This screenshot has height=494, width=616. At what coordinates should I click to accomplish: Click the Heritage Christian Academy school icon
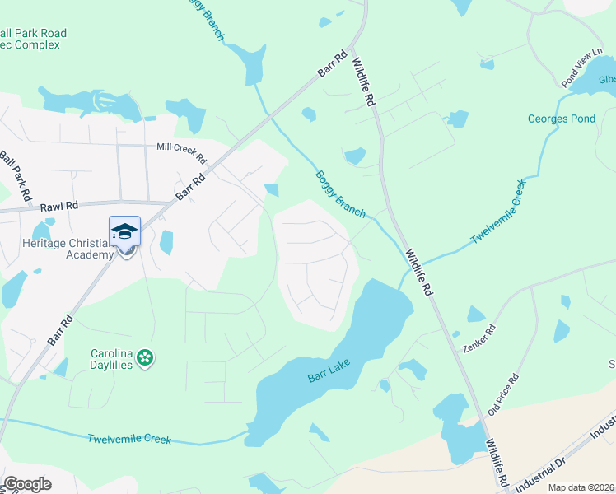point(124,231)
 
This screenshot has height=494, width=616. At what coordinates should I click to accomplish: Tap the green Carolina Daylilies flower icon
point(145,357)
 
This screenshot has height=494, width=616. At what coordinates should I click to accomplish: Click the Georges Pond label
point(561,119)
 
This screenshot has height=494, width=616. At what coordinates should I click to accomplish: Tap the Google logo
point(27,484)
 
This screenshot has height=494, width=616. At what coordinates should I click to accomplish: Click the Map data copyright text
point(581,487)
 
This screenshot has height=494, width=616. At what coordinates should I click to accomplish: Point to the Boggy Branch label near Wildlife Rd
point(339,193)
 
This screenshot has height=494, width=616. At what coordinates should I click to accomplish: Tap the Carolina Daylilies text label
point(111,359)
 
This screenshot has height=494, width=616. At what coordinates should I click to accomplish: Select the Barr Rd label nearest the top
point(333,65)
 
